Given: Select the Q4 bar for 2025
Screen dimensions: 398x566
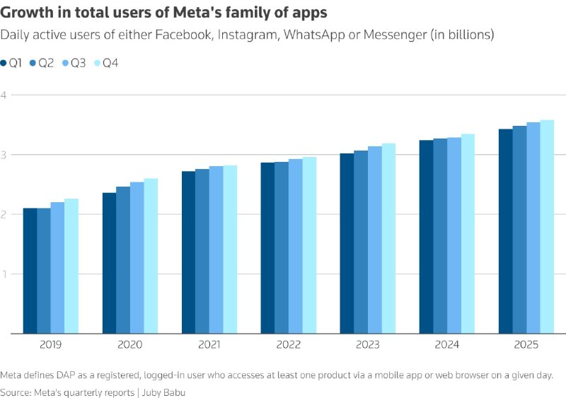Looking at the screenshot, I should tap(547, 227).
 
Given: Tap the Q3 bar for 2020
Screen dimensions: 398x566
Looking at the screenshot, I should tap(137, 257).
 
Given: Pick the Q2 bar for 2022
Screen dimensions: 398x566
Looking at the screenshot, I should tap(282, 247).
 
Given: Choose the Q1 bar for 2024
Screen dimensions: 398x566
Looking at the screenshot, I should tap(427, 237).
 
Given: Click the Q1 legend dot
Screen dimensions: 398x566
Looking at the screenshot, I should tap(4, 64).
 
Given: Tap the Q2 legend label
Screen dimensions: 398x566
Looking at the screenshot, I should tap(46, 64).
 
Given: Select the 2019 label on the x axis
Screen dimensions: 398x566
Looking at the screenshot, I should tap(50, 345).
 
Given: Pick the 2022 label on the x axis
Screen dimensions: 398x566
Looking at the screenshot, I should tap(288, 345).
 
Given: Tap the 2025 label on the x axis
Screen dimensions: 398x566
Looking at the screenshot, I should tap(526, 345).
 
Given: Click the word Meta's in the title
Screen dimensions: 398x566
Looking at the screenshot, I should tap(196, 13).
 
